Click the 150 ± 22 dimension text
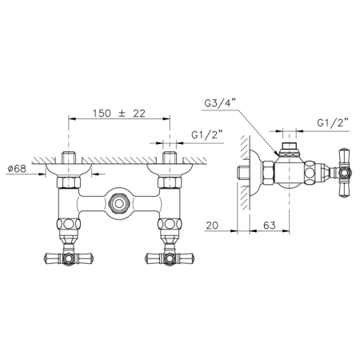coord(119,114)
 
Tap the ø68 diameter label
coord(17,169)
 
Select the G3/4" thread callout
coord(220,103)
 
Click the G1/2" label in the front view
coord(207,134)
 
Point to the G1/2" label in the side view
coord(333,122)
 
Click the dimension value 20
coord(212,226)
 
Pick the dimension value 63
coord(269,226)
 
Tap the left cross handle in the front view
coord(69,258)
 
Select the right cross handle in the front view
coord(170,258)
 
